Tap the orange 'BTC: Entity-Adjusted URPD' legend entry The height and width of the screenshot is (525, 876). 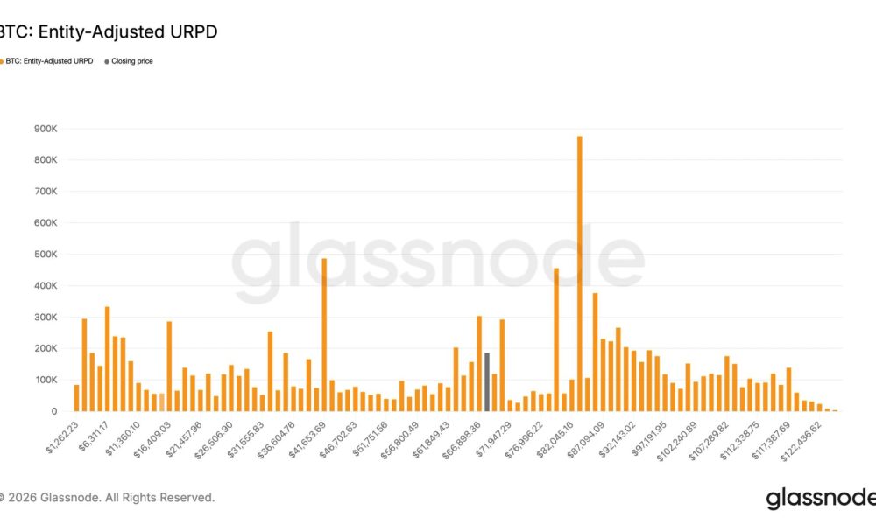pos(49,61)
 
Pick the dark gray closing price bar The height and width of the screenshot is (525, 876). pos(486,382)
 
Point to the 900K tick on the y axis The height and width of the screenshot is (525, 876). pos(46,129)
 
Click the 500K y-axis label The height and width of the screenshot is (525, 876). pos(46,255)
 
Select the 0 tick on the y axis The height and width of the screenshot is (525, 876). pos(54,411)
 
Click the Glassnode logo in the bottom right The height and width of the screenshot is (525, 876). pos(819,499)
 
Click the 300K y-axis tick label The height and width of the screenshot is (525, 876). pos(46,318)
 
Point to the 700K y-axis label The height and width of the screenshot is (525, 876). pos(46,192)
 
